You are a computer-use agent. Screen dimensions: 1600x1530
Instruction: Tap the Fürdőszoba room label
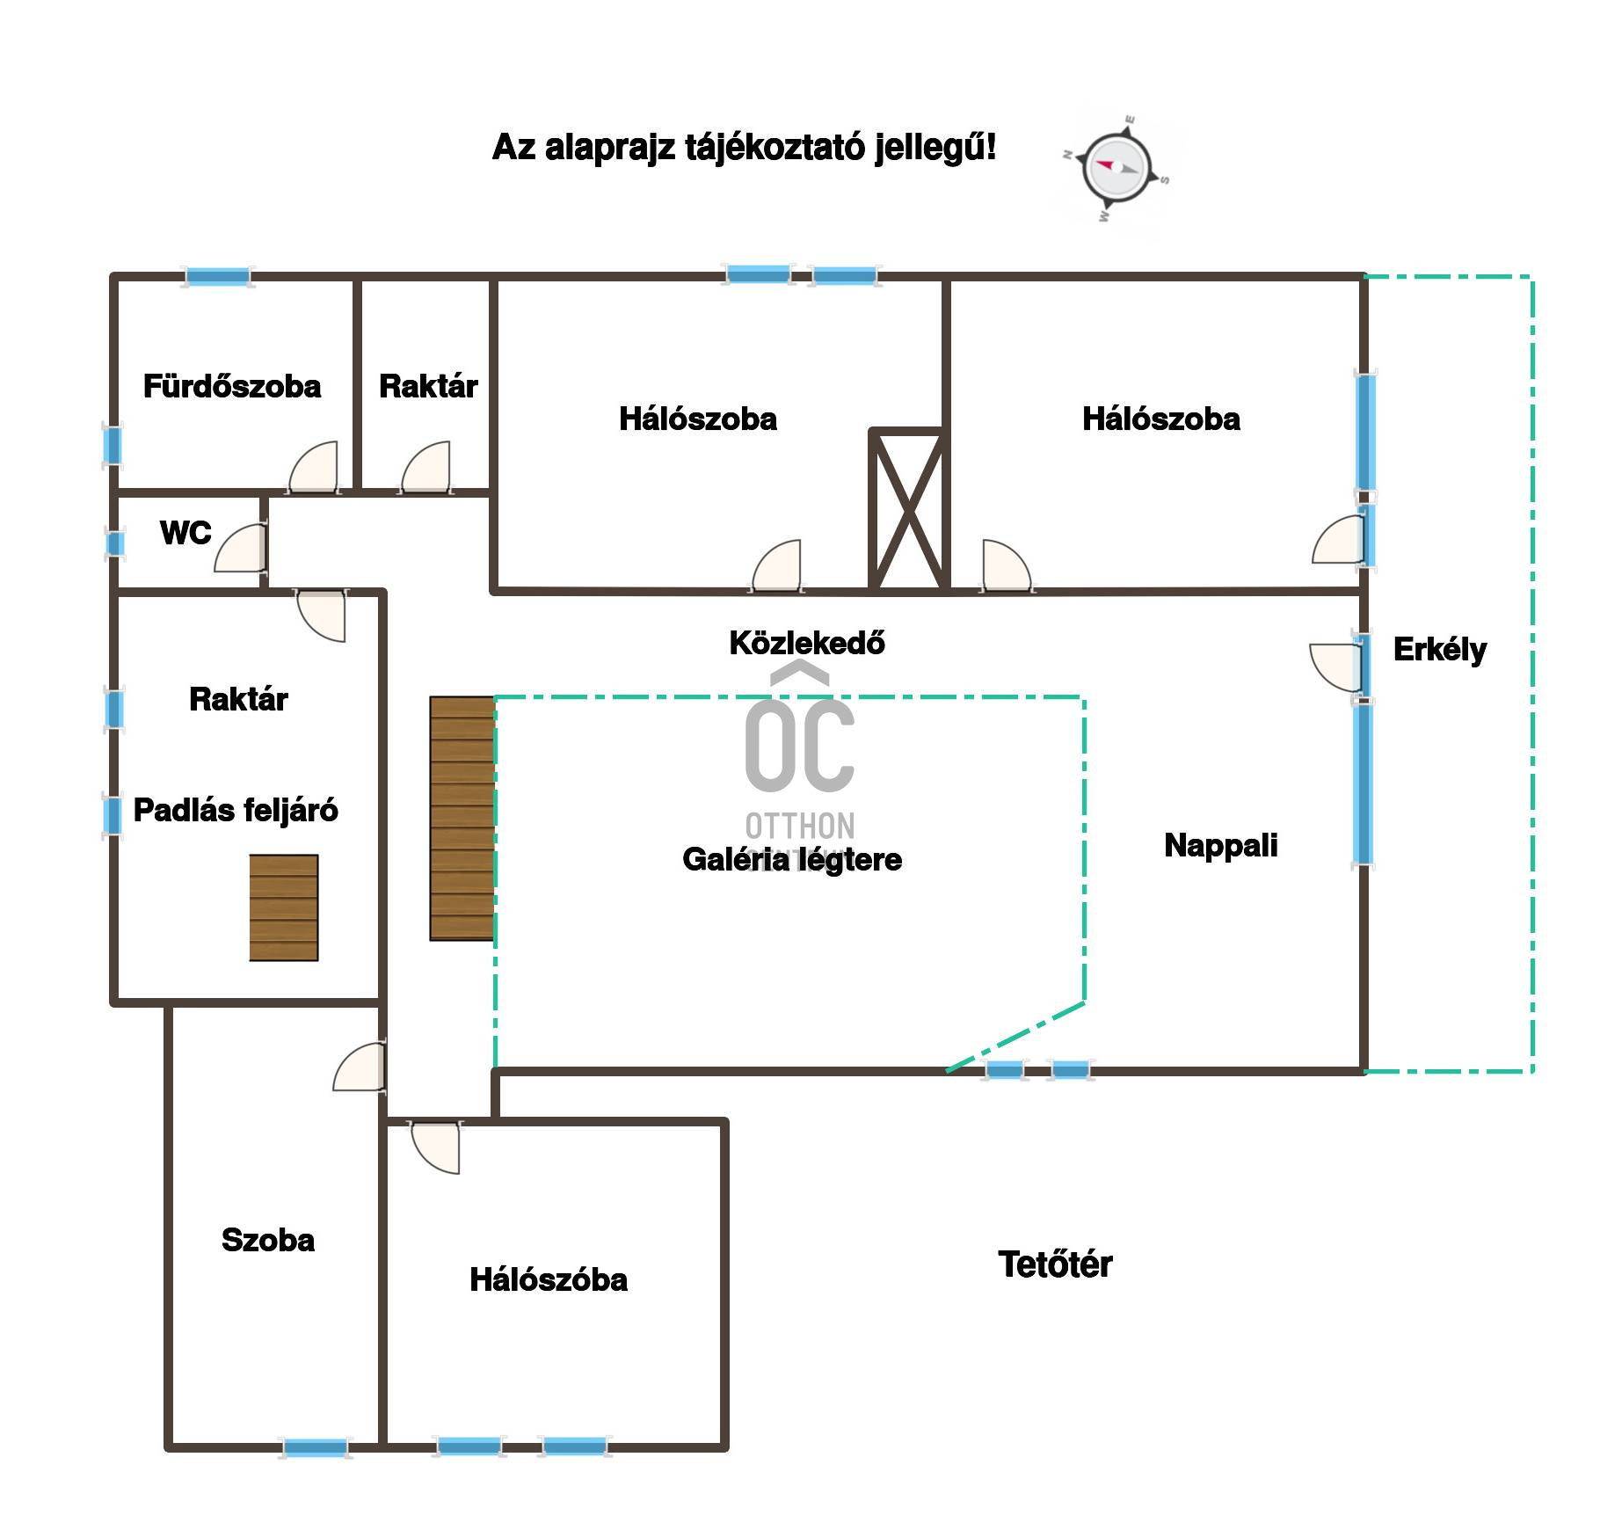pos(232,386)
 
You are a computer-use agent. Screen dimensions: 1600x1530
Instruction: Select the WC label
pos(185,533)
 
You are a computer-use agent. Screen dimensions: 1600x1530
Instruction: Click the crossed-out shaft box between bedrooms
pos(908,509)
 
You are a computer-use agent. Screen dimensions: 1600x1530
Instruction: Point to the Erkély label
pos(1440,650)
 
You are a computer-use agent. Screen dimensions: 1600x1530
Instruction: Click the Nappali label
pos(1221,845)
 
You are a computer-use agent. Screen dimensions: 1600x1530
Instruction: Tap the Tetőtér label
pos(1055,1264)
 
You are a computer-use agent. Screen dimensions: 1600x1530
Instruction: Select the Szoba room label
pos(268,1240)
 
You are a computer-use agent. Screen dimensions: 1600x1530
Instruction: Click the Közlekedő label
pos(807,643)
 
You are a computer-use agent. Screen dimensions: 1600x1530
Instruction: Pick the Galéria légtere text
pos(792,859)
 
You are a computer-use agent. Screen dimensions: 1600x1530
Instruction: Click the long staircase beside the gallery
pos(462,819)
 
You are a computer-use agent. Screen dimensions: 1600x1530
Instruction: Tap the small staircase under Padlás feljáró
pos(283,907)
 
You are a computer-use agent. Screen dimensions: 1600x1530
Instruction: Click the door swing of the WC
pos(240,548)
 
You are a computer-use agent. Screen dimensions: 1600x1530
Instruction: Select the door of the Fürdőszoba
pos(314,466)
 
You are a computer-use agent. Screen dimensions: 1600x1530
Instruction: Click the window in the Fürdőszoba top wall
pos(217,277)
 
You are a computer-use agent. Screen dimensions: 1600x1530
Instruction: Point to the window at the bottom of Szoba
pos(315,1446)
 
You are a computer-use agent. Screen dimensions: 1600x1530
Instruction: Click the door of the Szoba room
pos(360,1067)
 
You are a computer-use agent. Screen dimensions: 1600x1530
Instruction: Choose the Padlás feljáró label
pos(236,810)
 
